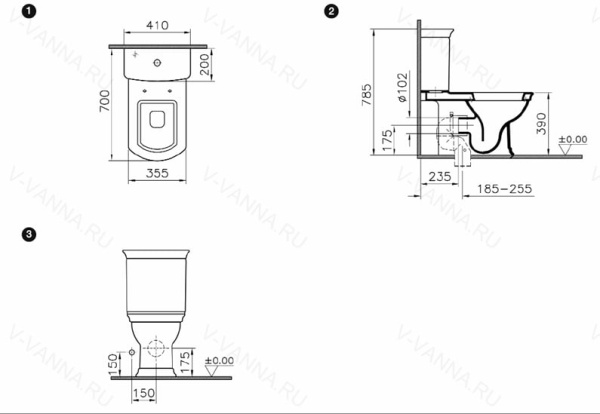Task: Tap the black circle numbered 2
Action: pyautogui.click(x=331, y=11)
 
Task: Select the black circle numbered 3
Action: pyautogui.click(x=31, y=236)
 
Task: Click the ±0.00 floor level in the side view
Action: pyautogui.click(x=571, y=140)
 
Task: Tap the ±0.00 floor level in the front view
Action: pyautogui.click(x=219, y=360)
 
